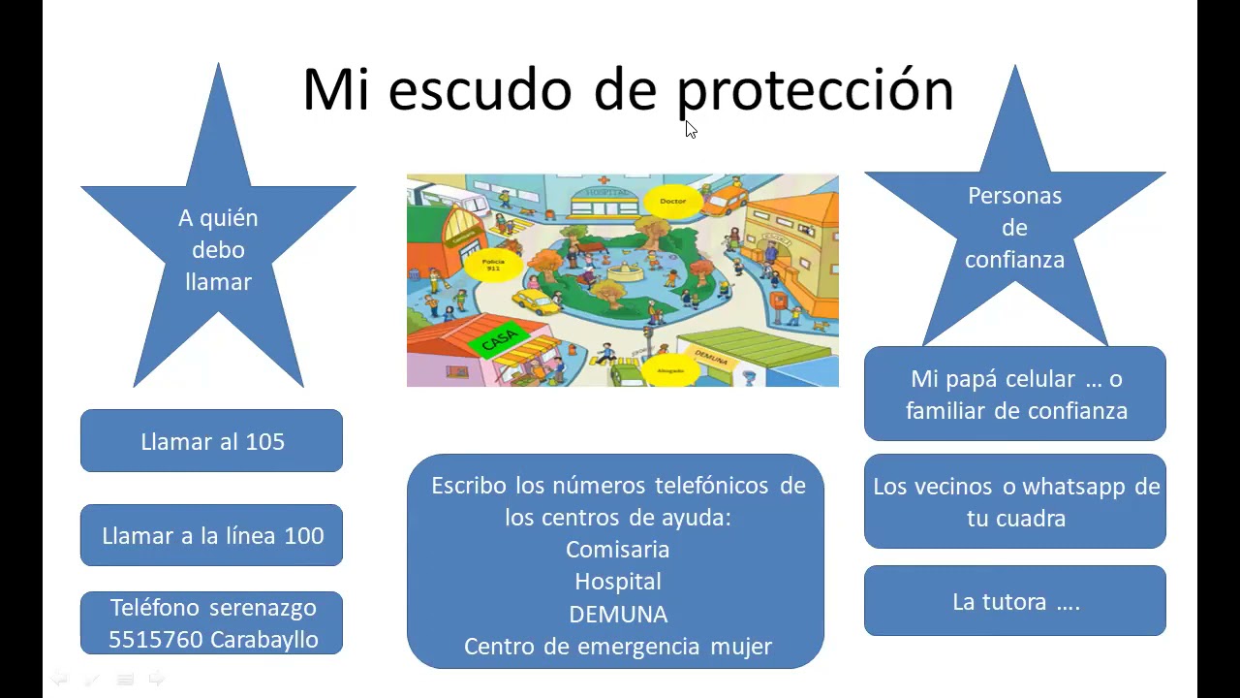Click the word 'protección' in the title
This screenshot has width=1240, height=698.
click(x=815, y=90)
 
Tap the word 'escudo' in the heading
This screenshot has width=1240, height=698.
click(x=480, y=89)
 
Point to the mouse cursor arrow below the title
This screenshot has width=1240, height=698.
click(x=690, y=129)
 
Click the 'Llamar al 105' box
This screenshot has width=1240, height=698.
click(x=211, y=441)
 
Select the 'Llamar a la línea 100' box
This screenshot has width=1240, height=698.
click(x=211, y=535)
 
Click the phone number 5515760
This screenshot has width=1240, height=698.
click(x=155, y=640)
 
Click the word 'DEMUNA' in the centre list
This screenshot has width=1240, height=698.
click(x=618, y=615)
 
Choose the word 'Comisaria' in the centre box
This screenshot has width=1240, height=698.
click(x=618, y=550)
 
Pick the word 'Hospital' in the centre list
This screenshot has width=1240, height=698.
click(x=618, y=582)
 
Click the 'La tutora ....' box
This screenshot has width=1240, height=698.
click(x=1014, y=601)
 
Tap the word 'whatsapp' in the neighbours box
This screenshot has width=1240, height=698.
click(x=1075, y=486)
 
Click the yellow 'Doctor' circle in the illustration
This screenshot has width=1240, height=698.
click(x=672, y=202)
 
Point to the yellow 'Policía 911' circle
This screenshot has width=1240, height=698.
click(x=493, y=264)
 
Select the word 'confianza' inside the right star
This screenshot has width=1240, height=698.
click(x=1014, y=260)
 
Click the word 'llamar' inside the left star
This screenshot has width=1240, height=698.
click(x=218, y=282)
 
